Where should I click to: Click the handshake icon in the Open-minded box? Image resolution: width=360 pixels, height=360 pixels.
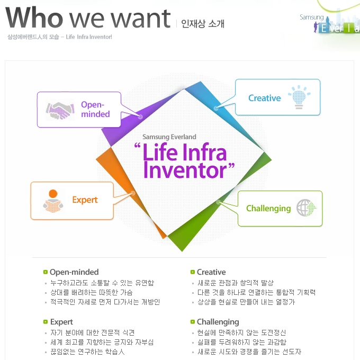[x=60, y=110]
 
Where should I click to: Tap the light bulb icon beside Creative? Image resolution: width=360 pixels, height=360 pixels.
[x=299, y=97]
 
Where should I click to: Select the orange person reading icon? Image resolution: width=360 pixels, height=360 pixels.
[x=53, y=201]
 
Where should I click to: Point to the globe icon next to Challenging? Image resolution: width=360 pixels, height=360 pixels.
[x=306, y=208]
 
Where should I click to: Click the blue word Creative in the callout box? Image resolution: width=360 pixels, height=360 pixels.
[x=265, y=98]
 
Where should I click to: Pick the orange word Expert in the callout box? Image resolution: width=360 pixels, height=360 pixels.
[x=85, y=200]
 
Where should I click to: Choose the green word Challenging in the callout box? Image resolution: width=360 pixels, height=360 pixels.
[x=268, y=209]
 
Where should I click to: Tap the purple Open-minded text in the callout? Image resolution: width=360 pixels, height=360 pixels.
[x=95, y=109]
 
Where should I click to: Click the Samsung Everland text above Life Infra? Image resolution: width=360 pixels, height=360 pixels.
[x=169, y=137]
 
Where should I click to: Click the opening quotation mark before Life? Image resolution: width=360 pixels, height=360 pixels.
[x=137, y=146]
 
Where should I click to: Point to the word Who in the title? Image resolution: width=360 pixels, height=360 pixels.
[x=34, y=17]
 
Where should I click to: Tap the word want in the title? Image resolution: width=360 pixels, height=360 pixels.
[x=141, y=19]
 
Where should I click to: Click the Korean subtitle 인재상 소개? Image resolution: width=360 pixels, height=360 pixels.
[x=202, y=23]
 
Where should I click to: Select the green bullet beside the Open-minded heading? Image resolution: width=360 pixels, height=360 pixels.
[x=46, y=272]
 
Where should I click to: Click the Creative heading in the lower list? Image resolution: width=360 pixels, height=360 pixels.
[x=211, y=272]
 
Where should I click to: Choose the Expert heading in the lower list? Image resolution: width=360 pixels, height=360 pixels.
[x=61, y=322]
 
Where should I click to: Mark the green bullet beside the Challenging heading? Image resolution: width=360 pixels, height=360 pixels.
[x=193, y=322]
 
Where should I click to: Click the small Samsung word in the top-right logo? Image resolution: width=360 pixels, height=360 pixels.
[x=311, y=17]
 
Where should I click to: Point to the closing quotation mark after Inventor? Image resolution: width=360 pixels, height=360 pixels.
[x=231, y=166]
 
